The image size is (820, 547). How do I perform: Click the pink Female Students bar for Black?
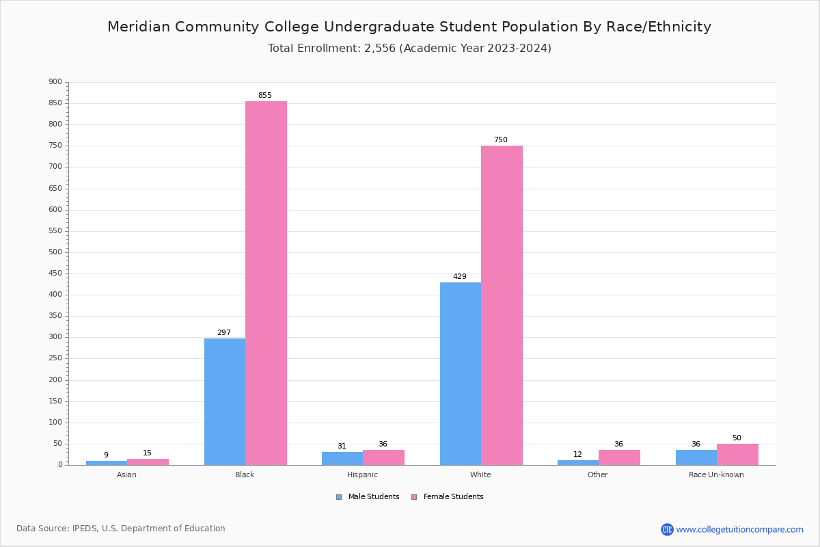[x=266, y=283]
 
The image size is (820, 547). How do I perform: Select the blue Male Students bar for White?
[x=460, y=373]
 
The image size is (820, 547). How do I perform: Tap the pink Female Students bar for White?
[x=502, y=305]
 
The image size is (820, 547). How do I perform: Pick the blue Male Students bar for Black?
[x=225, y=401]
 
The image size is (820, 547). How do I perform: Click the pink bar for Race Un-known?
[x=737, y=455]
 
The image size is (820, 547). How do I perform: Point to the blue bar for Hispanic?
[x=342, y=459]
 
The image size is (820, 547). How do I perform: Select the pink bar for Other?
[x=619, y=457]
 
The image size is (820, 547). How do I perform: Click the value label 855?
[x=264, y=96]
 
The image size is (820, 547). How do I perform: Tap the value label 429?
[x=460, y=277]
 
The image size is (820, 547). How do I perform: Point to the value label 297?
[x=224, y=333]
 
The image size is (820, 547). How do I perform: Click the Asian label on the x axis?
[x=126, y=475]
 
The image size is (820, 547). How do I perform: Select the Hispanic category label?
[x=362, y=475]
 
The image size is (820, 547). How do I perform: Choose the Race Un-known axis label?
[x=716, y=475]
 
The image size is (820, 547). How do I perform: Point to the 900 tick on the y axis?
[x=55, y=82]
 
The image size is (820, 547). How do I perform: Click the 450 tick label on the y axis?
[x=55, y=273]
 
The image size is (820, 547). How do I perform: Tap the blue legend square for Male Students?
[x=339, y=497]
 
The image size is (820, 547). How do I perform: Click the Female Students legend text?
[x=453, y=497]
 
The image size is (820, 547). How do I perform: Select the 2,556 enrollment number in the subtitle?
[x=380, y=49]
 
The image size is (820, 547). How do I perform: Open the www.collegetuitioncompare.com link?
[x=739, y=529]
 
